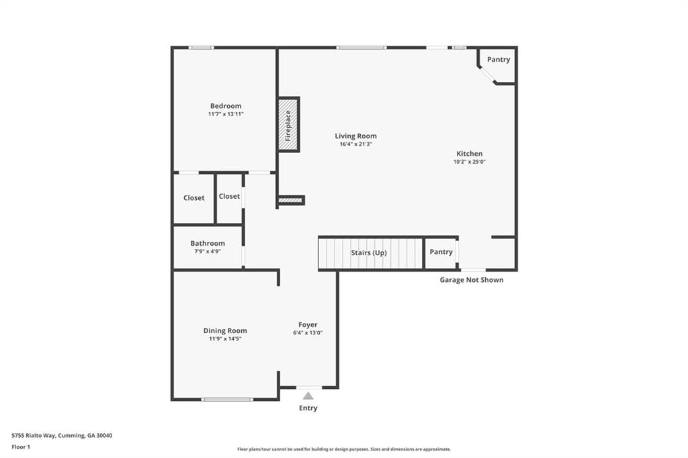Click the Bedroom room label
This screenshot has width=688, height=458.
pyautogui.click(x=225, y=106)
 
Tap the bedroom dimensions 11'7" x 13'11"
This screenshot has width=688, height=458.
pyautogui.click(x=225, y=115)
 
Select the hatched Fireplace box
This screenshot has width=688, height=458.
pyautogui.click(x=288, y=124)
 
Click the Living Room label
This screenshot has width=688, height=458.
pyautogui.click(x=355, y=136)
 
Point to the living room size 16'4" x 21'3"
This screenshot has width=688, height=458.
pyautogui.click(x=355, y=144)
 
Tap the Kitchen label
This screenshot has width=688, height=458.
pyautogui.click(x=470, y=154)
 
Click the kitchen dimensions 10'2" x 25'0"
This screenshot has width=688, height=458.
pyautogui.click(x=470, y=162)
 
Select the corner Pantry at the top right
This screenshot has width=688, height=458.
pyautogui.click(x=499, y=60)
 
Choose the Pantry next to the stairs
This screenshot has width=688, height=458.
pyautogui.click(x=441, y=253)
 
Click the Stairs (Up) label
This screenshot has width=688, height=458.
pyautogui.click(x=369, y=253)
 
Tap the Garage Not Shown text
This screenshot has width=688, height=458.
pyautogui.click(x=471, y=280)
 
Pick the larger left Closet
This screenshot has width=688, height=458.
pyautogui.click(x=193, y=198)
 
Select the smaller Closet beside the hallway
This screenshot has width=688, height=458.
pyautogui.click(x=229, y=196)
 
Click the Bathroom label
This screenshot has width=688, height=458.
pyautogui.click(x=207, y=244)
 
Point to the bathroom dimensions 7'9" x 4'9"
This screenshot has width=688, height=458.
pyautogui.click(x=207, y=252)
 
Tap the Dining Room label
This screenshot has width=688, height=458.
pyautogui.click(x=225, y=330)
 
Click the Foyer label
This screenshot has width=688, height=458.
pyautogui.click(x=308, y=325)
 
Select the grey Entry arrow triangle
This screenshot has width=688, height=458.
pyautogui.click(x=308, y=396)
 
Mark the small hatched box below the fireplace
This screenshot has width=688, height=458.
pyautogui.click(x=290, y=199)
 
